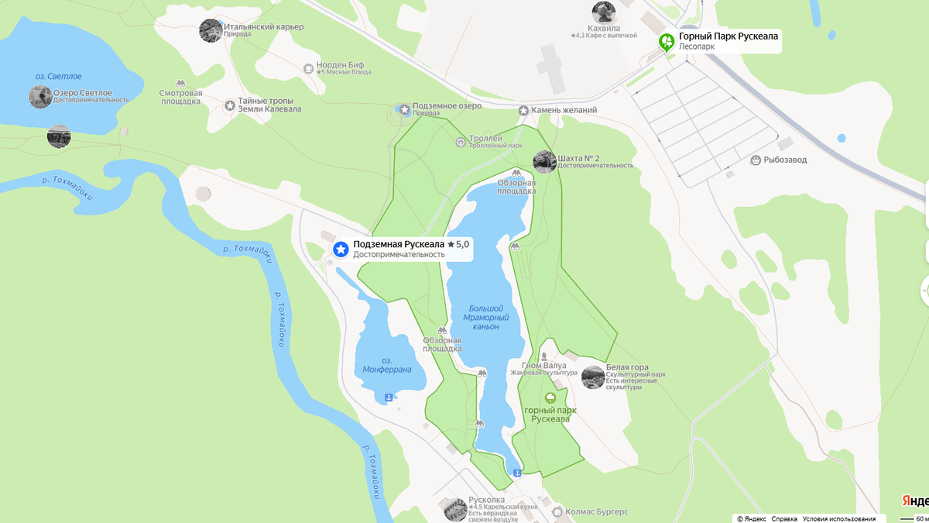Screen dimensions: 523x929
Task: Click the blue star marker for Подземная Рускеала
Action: coord(340,249)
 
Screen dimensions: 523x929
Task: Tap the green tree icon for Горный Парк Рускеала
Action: coord(666,41)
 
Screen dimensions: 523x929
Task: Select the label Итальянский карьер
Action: coord(263,27)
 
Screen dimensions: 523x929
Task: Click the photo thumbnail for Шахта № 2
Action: coord(544,161)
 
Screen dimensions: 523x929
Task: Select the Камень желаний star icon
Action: coord(524,111)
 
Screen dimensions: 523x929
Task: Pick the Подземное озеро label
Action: coord(447,106)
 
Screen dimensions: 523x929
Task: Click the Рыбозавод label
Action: coord(785,160)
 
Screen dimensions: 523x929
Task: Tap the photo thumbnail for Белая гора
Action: coord(593,377)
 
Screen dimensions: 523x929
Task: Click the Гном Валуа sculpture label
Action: coord(543,366)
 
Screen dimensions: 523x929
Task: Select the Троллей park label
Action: coord(485,139)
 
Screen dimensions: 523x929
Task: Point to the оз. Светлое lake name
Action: coord(58,77)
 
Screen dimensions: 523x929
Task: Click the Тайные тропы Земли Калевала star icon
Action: coord(230,105)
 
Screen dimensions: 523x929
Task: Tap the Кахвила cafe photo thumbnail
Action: coord(604,12)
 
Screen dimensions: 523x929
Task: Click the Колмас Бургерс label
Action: coord(596,512)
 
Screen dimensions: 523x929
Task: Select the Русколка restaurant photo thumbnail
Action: coord(455,509)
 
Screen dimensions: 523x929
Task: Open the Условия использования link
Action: coord(838,518)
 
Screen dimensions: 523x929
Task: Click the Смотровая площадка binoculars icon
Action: coord(180,83)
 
